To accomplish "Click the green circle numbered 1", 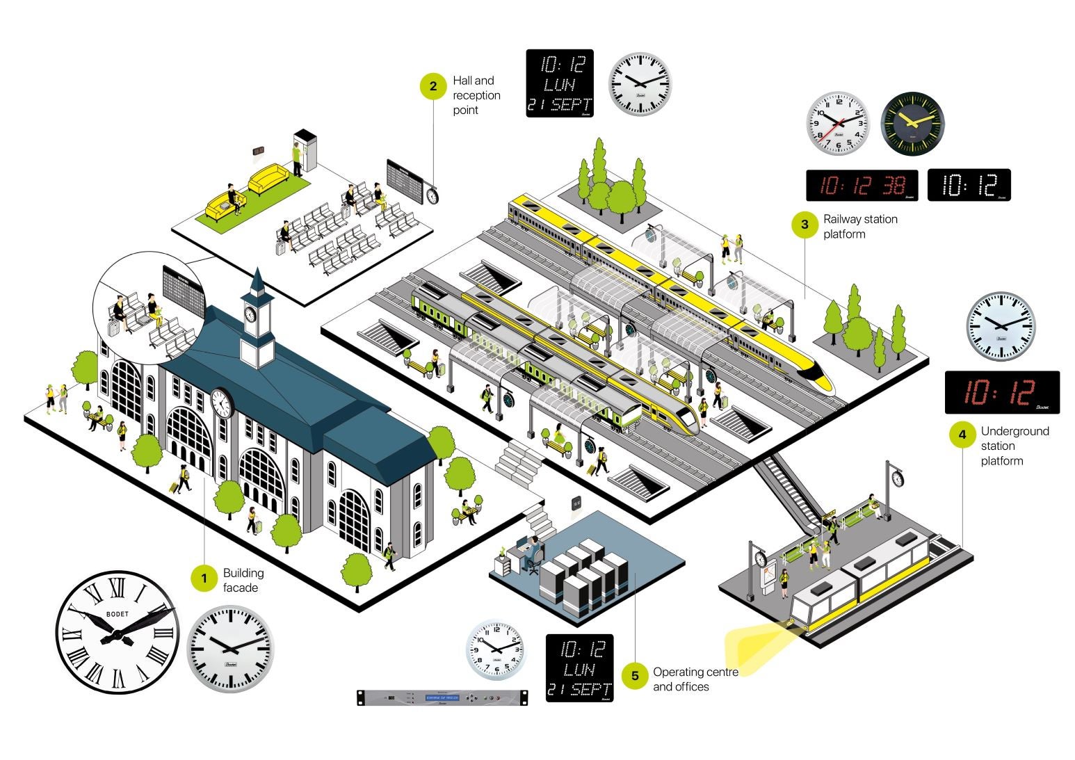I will [204, 579].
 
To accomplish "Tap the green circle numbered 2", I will [433, 86].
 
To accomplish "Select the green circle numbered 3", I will [805, 225].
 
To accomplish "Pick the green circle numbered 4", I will [962, 435].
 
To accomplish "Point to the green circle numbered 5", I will [634, 676].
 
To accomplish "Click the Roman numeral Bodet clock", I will [117, 632].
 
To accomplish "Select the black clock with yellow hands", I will [912, 123].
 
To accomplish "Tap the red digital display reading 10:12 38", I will [862, 185].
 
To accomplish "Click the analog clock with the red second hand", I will [838, 123].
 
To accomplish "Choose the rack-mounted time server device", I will [442, 697].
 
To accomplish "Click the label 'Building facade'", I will [243, 581].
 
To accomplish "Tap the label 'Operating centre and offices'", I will [695, 679].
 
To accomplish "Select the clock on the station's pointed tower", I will [250, 314].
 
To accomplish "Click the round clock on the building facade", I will [220, 403].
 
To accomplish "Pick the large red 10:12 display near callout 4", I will [1002, 393].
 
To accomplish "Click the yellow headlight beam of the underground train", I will [754, 643].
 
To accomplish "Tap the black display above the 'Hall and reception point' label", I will [560, 83].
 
